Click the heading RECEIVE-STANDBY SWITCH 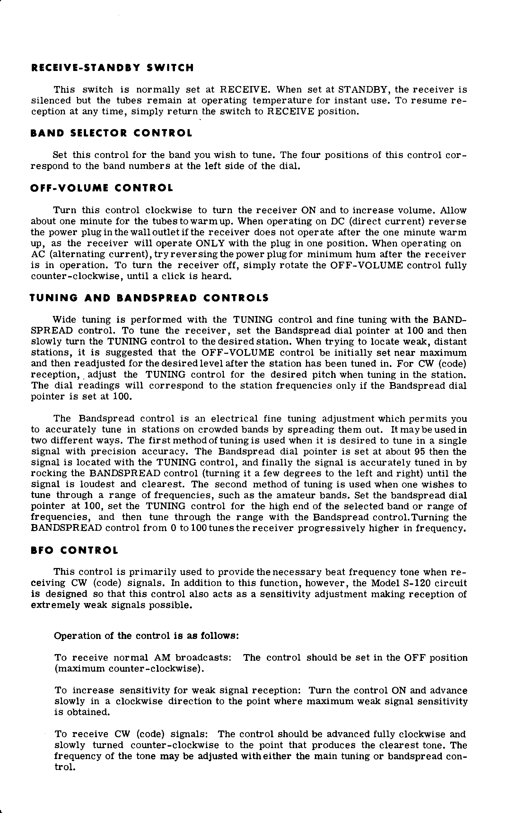pyautogui.click(x=112, y=68)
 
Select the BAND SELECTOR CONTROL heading pyautogui.click(x=111, y=133)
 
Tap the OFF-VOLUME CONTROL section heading pyautogui.click(x=102, y=188)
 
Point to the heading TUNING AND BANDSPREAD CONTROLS pyautogui.click(x=149, y=298)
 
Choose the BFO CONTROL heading pyautogui.click(x=74, y=550)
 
